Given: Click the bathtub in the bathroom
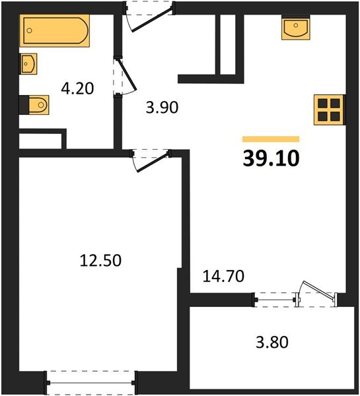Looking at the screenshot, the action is pos(55,30).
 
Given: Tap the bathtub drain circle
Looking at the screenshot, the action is pos(29,30).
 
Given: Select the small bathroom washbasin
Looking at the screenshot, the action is pos(28,64).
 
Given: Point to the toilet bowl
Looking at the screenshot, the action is pos(39,104).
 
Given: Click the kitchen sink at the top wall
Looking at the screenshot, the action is pos(296,28).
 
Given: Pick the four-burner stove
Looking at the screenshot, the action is pos(329,110).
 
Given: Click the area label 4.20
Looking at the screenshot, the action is pos(77,88).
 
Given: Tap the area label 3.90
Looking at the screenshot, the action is pos(162,107).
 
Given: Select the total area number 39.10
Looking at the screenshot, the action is pos(271,158).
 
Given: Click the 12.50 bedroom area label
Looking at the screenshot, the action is pos(100,261).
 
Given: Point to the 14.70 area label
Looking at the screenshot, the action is pos(223,276).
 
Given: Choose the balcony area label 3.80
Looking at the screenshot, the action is pos(272,343).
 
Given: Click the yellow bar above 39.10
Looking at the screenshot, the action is pos(271,139).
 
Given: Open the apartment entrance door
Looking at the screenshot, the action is pos(152,20).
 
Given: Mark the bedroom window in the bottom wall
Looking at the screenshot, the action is pos(90,383).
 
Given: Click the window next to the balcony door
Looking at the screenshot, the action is pos(275,300).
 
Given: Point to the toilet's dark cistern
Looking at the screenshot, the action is pos(24,104).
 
